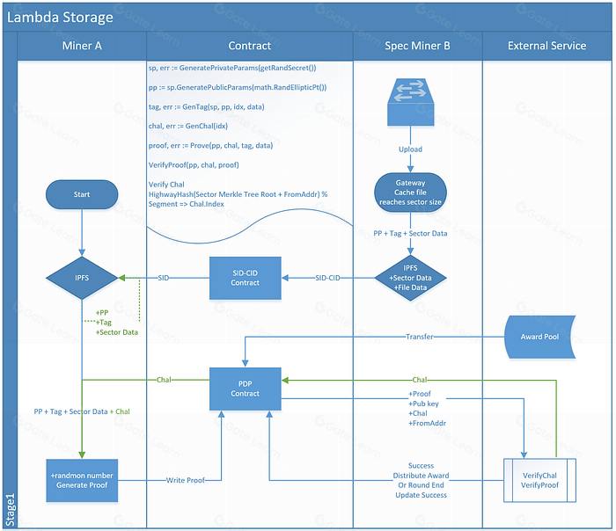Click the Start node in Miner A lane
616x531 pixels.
point(82,194)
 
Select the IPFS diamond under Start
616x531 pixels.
point(82,278)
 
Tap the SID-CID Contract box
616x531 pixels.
point(246,278)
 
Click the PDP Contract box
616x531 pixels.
point(246,389)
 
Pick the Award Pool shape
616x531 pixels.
point(539,337)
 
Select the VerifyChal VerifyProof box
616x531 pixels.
point(539,480)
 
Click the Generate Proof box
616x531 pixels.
point(82,480)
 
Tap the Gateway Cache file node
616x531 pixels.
point(410,193)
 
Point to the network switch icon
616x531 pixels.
point(411,103)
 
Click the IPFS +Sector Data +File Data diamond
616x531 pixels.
point(410,278)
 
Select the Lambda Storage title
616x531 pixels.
point(60,18)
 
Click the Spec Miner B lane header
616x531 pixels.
point(417,46)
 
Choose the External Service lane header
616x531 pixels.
point(546,46)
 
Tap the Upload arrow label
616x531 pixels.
point(410,149)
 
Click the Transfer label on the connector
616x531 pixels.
point(420,337)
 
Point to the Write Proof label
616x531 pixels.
point(186,480)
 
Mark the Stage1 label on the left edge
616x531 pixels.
point(11,510)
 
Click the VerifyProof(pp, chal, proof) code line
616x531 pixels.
point(194,164)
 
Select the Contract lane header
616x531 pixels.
point(249,46)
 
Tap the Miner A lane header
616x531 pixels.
point(82,46)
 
